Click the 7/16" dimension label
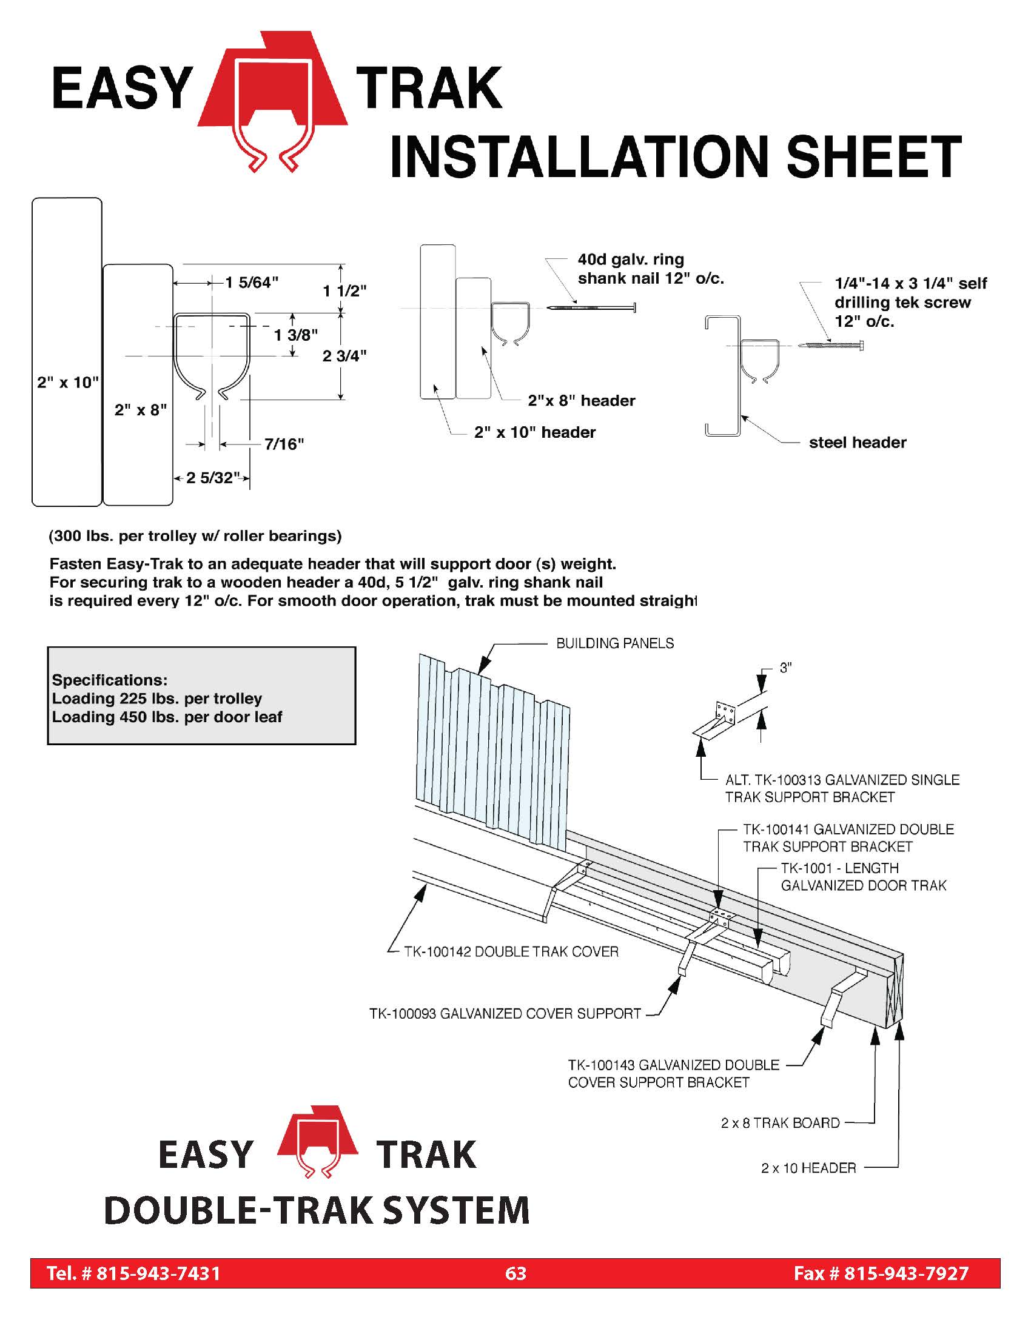[x=284, y=444]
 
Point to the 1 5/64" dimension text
[x=252, y=282]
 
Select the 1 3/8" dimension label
[x=295, y=335]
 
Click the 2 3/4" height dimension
[x=344, y=355]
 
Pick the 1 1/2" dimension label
[x=344, y=290]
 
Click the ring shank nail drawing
[x=591, y=307]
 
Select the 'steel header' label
[x=858, y=442]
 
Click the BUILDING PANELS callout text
[x=615, y=643]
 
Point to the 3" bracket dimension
[x=786, y=668]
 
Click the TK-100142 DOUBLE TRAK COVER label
[x=511, y=951]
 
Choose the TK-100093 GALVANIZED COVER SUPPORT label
[x=505, y=1014]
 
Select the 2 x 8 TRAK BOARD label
[x=781, y=1122]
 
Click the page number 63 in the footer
[x=516, y=1273]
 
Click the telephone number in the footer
[x=134, y=1273]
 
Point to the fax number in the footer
[x=881, y=1273]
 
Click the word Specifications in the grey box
[x=109, y=680]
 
